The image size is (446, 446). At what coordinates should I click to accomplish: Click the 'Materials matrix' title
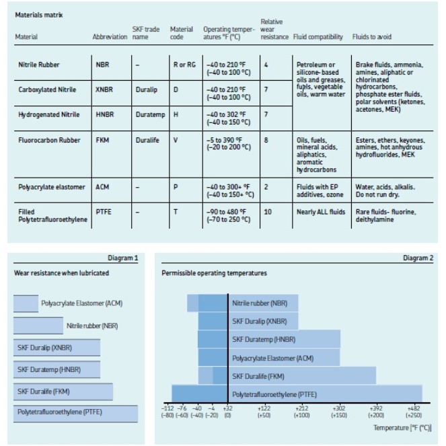39,15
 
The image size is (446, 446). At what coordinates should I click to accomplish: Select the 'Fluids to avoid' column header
372,37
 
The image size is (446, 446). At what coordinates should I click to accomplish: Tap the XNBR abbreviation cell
104,89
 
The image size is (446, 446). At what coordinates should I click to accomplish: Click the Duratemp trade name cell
150,114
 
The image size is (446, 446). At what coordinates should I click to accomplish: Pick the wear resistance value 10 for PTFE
268,212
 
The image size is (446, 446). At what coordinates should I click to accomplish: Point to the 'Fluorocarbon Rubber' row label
49,140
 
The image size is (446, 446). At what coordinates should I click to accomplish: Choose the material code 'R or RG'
184,65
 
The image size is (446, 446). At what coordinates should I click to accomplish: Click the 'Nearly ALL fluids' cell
321,212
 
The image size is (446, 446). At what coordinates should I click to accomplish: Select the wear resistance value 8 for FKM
266,140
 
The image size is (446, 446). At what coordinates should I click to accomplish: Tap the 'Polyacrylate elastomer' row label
52,187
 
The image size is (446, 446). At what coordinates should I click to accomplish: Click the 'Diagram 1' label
123,258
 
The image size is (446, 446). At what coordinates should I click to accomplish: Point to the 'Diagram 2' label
418,258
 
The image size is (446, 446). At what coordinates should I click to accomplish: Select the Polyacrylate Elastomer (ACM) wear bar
26,303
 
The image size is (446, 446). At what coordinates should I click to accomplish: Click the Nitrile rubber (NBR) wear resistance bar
38,326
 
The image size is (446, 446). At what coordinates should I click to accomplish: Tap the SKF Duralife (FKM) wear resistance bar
63,392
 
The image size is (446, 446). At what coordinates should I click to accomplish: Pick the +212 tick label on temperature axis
301,408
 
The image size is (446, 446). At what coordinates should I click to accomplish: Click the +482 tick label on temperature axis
414,408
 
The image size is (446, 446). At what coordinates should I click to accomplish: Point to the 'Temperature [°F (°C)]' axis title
402,428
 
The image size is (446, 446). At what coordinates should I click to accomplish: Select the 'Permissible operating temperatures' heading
214,273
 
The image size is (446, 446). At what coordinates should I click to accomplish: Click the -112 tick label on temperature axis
168,408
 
